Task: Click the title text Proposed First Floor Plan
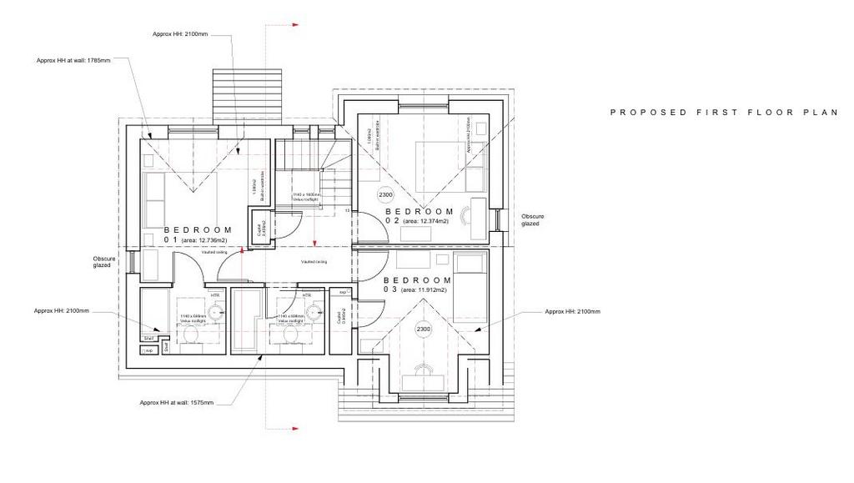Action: (723, 112)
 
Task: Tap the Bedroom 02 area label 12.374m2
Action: (427, 221)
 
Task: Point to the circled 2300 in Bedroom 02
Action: (385, 195)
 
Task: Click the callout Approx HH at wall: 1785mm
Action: (73, 60)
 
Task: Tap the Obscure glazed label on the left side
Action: (103, 263)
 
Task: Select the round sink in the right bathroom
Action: (314, 312)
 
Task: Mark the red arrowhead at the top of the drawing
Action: (295, 26)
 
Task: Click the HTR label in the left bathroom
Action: (215, 295)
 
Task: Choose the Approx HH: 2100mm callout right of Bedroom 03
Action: (572, 311)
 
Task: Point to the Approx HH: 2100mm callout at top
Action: (180, 34)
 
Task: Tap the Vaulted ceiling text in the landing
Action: (314, 262)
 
